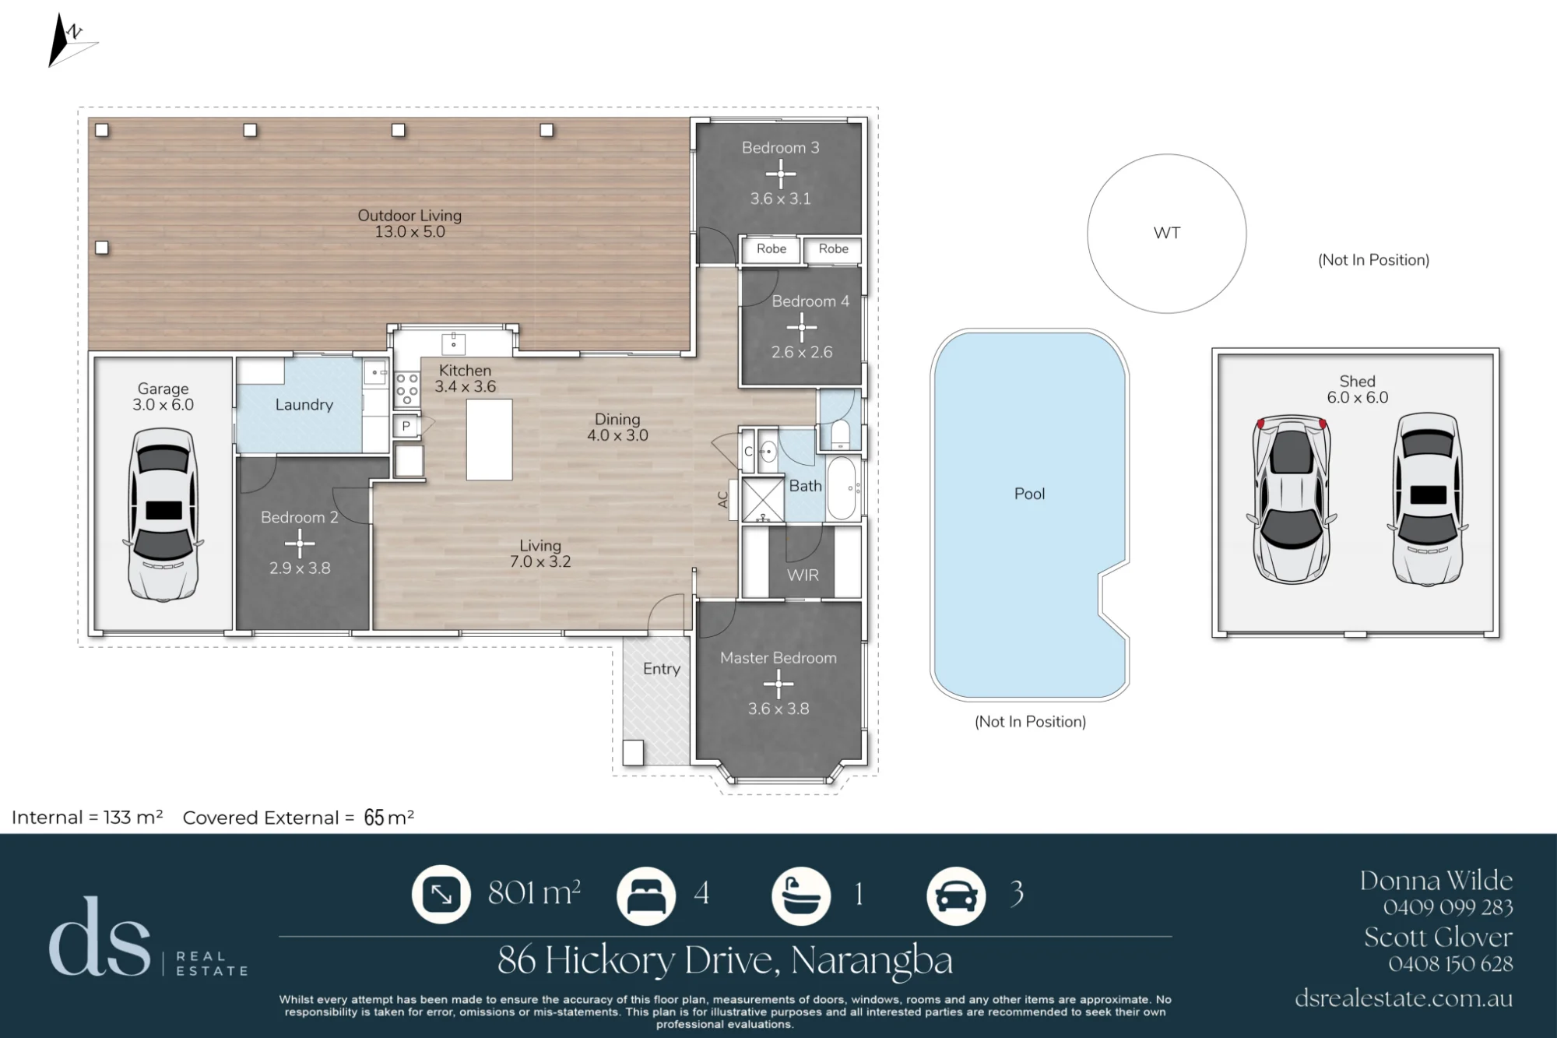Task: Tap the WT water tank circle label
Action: (x=1166, y=233)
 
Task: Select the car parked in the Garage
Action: (x=163, y=515)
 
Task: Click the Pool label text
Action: (x=1029, y=494)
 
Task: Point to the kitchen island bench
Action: (x=489, y=440)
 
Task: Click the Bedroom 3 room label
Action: (x=780, y=147)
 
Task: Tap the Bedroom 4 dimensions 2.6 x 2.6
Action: (x=802, y=352)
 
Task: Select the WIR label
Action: (x=803, y=575)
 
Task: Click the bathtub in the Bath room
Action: (x=842, y=488)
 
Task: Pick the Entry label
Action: (x=662, y=669)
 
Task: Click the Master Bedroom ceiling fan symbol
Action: (x=778, y=684)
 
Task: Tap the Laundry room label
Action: (x=304, y=405)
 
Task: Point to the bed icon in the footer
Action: (x=646, y=895)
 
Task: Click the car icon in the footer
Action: (x=956, y=895)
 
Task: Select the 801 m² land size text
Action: (x=534, y=893)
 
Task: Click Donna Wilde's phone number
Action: (x=1448, y=908)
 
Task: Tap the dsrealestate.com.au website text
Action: (x=1404, y=998)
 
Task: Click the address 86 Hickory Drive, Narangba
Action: (x=725, y=961)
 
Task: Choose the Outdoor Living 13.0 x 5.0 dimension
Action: (x=410, y=232)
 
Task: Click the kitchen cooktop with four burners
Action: (x=407, y=389)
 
